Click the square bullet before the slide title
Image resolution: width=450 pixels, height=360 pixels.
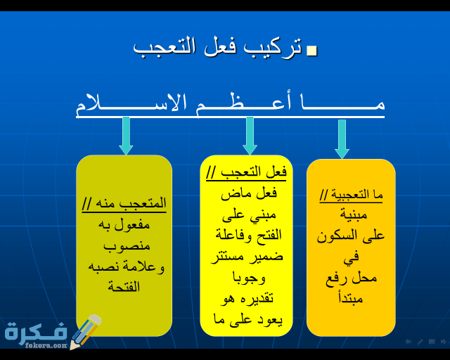click(x=312, y=51)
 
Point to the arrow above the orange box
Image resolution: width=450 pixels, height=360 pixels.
click(x=342, y=139)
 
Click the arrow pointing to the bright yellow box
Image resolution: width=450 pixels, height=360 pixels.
click(x=250, y=136)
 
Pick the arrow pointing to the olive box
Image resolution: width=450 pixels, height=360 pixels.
click(x=126, y=136)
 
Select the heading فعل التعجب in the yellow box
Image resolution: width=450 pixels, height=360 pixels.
click(x=247, y=172)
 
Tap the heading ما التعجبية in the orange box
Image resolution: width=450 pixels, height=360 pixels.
click(x=351, y=194)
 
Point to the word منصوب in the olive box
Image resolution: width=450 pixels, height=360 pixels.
click(x=127, y=246)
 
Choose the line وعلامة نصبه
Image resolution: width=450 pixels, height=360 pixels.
click(x=127, y=266)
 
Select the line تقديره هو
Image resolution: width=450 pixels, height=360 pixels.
click(x=247, y=298)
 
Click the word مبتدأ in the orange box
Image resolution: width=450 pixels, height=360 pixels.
click(x=351, y=299)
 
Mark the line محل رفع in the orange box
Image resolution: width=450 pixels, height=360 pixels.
click(x=351, y=278)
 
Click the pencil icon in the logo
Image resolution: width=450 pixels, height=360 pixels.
click(x=85, y=331)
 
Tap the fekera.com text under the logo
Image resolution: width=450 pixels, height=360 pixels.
click(x=46, y=345)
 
